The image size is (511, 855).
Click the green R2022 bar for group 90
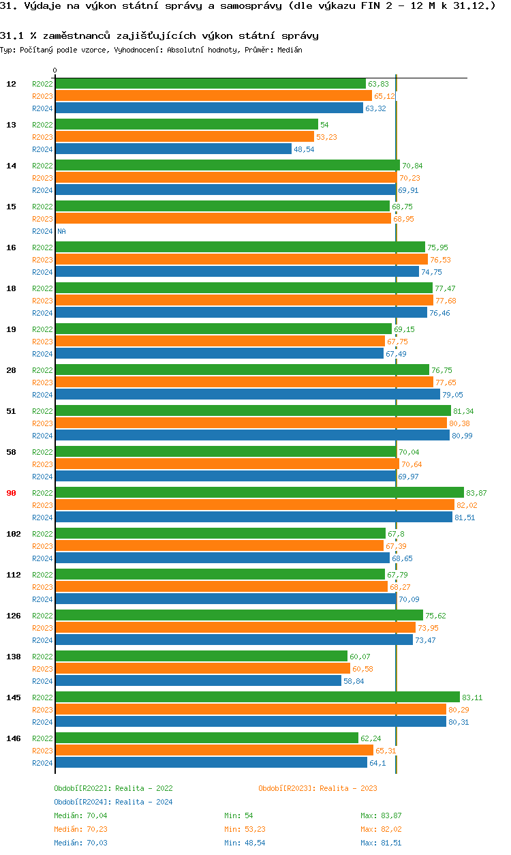259,492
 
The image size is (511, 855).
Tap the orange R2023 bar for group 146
214,750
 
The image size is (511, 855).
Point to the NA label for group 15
61,231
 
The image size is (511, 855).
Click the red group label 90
11,493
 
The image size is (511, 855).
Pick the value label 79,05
452,395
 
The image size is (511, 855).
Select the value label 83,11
472,697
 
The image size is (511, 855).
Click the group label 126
13,616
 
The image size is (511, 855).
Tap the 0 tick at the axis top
55,70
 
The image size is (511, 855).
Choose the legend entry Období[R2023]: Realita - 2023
318,788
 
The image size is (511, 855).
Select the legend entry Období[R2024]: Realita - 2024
113,802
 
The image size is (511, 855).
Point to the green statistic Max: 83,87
381,815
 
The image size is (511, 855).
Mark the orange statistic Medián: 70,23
80,829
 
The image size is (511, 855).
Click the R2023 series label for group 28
42,382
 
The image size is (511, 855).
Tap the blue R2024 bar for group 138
198,680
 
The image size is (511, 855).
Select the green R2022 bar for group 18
243,288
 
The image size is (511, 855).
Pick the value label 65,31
386,751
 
